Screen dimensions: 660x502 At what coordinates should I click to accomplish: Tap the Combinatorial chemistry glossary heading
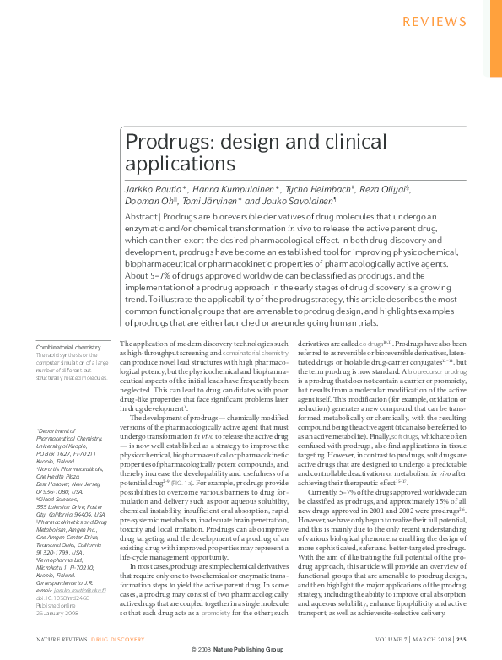pyautogui.click(x=63, y=348)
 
